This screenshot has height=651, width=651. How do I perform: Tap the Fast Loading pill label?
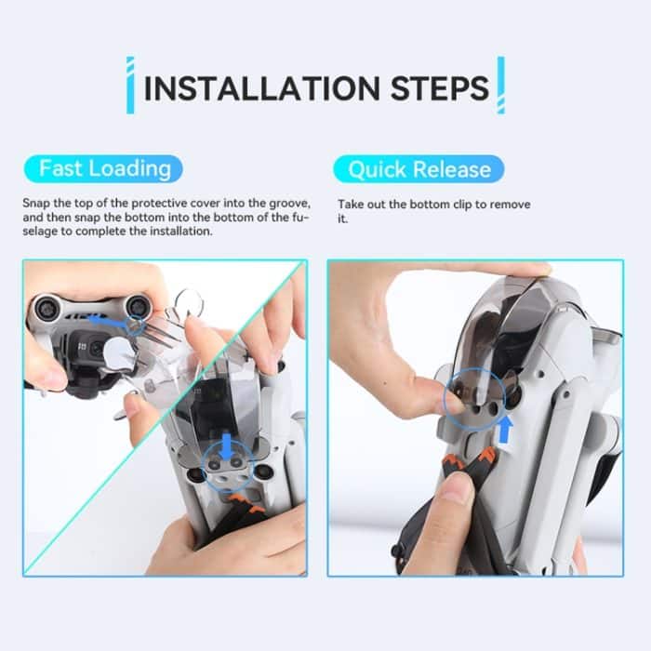104,168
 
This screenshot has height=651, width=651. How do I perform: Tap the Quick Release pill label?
418,169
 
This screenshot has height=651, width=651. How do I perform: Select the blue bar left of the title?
130,86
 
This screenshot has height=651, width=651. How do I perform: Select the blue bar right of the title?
500,86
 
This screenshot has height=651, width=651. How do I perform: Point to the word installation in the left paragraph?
185,231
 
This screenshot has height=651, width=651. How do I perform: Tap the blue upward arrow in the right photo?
506,429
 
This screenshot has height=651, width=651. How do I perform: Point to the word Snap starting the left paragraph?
36,202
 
